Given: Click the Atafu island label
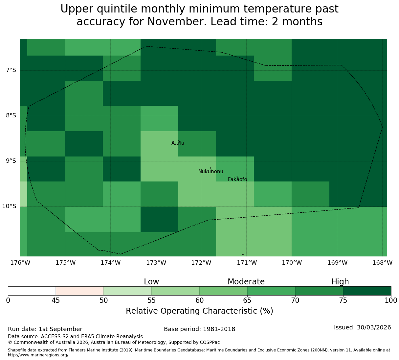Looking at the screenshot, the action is pyautogui.click(x=178, y=143).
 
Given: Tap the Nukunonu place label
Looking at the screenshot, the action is pyautogui.click(x=211, y=171).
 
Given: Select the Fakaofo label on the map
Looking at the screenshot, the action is pyautogui.click(x=237, y=179).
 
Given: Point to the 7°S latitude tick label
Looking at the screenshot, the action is pyautogui.click(x=11, y=70).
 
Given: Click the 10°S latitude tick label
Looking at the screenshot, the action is pyautogui.click(x=9, y=206).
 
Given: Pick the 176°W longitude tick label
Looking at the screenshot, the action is pyautogui.click(x=20, y=263).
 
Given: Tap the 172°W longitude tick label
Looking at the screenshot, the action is pyautogui.click(x=201, y=263).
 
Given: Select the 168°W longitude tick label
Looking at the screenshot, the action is pyautogui.click(x=382, y=263).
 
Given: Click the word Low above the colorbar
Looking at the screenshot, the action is pyautogui.click(x=151, y=282).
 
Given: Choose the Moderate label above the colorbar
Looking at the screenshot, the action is pyautogui.click(x=246, y=282).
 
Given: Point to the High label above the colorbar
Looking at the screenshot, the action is pyautogui.click(x=340, y=282).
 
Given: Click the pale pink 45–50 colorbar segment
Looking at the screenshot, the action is pyautogui.click(x=80, y=291).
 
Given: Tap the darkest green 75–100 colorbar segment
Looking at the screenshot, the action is pyautogui.click(x=367, y=291).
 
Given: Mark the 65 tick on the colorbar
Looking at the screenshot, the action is pyautogui.click(x=247, y=300).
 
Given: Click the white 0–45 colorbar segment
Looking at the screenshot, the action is pyautogui.click(x=32, y=291).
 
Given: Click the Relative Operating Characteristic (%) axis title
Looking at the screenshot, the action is pyautogui.click(x=200, y=311).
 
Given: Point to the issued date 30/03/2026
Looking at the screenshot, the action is pyautogui.click(x=374, y=327).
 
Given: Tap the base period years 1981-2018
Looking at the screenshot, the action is pyautogui.click(x=219, y=329).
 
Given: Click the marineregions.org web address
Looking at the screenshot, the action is pyautogui.click(x=39, y=355).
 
